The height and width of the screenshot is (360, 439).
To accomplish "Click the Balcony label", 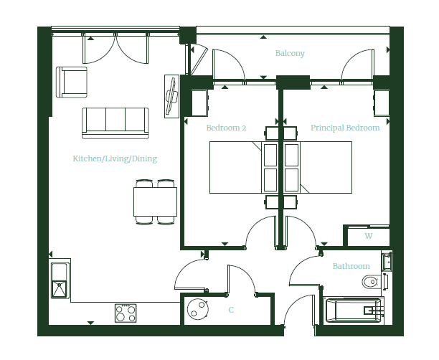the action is tap(290, 53).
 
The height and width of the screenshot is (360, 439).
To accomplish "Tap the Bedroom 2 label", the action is tap(226, 128).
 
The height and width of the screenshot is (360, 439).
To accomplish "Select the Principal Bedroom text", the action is tap(345, 128).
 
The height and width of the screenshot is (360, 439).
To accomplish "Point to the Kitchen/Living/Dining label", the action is tap(115, 158).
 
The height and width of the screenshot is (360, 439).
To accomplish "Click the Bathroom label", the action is tap(351, 266).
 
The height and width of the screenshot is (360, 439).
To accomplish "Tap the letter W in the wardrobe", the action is tap(369, 236).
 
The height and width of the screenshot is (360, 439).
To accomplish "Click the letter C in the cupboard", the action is tap(231, 310).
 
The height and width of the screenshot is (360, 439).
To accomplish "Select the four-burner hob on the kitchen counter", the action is tap(126, 313).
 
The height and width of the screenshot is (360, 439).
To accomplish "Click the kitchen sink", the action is tap(60, 280).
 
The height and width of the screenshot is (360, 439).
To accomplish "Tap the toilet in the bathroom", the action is tap(372, 282).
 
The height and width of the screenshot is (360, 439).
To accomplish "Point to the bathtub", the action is tap(354, 311).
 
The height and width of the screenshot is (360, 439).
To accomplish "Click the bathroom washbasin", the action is tap(387, 261).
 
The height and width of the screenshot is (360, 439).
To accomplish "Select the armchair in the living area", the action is tap(72, 82).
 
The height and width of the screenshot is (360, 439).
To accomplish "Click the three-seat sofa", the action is tap(115, 123).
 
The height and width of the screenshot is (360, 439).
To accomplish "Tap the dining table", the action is tap(155, 202).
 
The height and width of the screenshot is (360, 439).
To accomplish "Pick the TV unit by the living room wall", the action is tap(171, 96).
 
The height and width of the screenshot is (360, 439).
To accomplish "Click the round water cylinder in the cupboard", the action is tap(198, 309).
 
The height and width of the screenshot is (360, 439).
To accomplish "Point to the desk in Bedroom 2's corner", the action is tap(200, 103).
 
